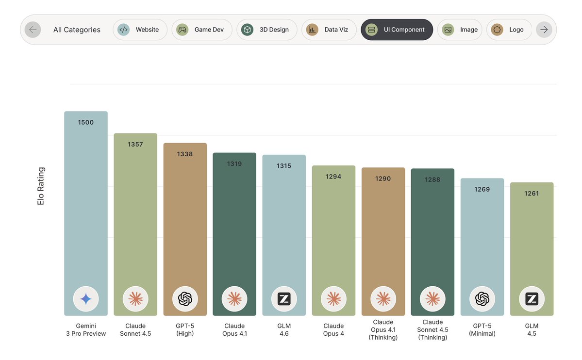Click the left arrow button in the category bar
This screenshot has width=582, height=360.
point(33,30)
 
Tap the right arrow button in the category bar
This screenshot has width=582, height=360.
point(544,30)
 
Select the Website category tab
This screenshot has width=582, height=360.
point(140,30)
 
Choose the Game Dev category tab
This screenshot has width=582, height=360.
point(201,30)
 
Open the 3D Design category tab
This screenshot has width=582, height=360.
point(266,30)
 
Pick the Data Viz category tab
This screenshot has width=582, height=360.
point(329,30)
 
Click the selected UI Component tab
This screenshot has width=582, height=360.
point(397,30)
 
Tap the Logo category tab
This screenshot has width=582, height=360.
point(509,30)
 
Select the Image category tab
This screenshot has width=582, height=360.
point(460,30)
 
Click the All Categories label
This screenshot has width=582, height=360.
point(77,30)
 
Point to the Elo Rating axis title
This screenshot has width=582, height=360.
point(41,186)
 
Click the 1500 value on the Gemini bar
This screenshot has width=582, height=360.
point(86,122)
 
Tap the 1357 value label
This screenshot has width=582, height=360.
point(135,144)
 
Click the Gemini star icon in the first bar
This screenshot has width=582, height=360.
point(86,299)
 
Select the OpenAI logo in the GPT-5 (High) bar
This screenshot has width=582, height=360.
point(185,299)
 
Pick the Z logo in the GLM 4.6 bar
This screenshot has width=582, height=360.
point(284,299)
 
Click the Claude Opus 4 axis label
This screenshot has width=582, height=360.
point(333,329)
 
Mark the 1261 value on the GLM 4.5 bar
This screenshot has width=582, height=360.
point(532,193)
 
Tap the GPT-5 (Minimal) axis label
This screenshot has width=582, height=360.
point(482,329)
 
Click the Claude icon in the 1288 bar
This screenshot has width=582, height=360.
point(432,299)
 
